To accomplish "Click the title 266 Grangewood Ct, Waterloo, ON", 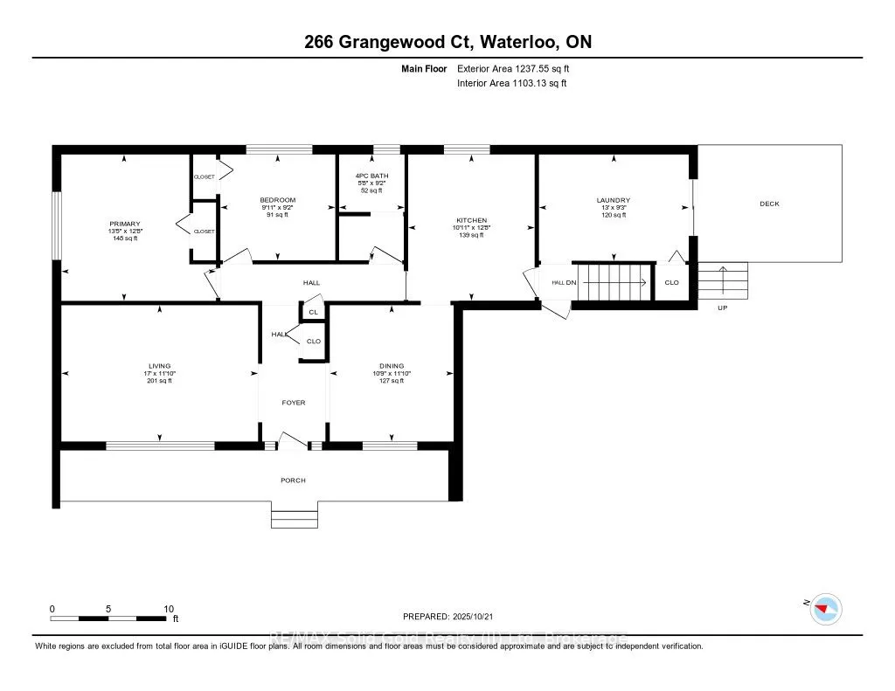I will pyautogui.click(x=447, y=43).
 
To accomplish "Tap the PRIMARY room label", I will pyautogui.click(x=124, y=224).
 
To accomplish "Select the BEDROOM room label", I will pyautogui.click(x=277, y=200).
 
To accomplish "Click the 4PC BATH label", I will pyautogui.click(x=371, y=177).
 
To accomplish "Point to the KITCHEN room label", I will pyautogui.click(x=471, y=220).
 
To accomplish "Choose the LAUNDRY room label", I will pyautogui.click(x=613, y=200).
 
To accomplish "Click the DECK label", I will pyautogui.click(x=769, y=204).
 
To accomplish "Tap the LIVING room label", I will pyautogui.click(x=159, y=366).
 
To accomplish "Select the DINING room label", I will pyautogui.click(x=392, y=366).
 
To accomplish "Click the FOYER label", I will pyautogui.click(x=293, y=403).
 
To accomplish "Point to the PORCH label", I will pyautogui.click(x=293, y=480).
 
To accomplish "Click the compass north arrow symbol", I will pyautogui.click(x=825, y=608).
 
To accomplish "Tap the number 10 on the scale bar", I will pyautogui.click(x=170, y=609).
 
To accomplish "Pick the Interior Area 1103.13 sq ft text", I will pyautogui.click(x=512, y=83).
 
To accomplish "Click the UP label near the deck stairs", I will pyautogui.click(x=722, y=308).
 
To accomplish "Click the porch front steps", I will pyautogui.click(x=293, y=519).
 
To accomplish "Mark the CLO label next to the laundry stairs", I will pyautogui.click(x=671, y=282).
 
